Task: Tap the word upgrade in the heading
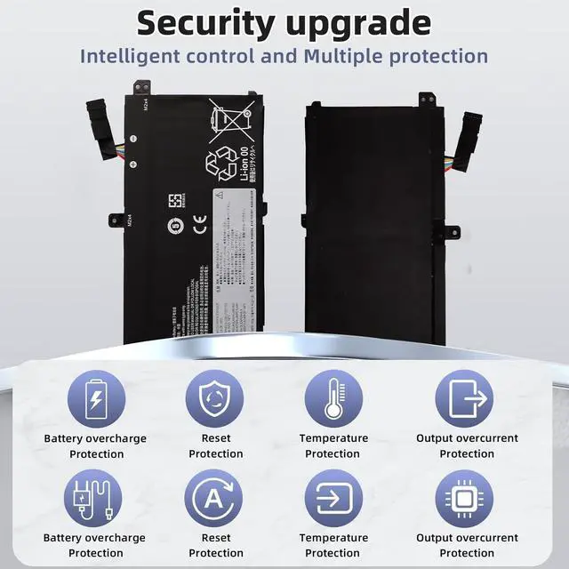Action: [x=360, y=22]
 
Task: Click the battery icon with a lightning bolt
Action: [x=96, y=397]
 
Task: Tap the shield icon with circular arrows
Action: [x=215, y=397]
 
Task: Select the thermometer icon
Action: [x=333, y=397]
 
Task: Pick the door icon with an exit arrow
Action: [x=467, y=397]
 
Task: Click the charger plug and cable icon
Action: [x=94, y=498]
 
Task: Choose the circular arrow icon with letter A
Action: [x=215, y=498]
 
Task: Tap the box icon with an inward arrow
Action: [x=333, y=498]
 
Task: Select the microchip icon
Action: [x=467, y=498]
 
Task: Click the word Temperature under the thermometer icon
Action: [x=333, y=438]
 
